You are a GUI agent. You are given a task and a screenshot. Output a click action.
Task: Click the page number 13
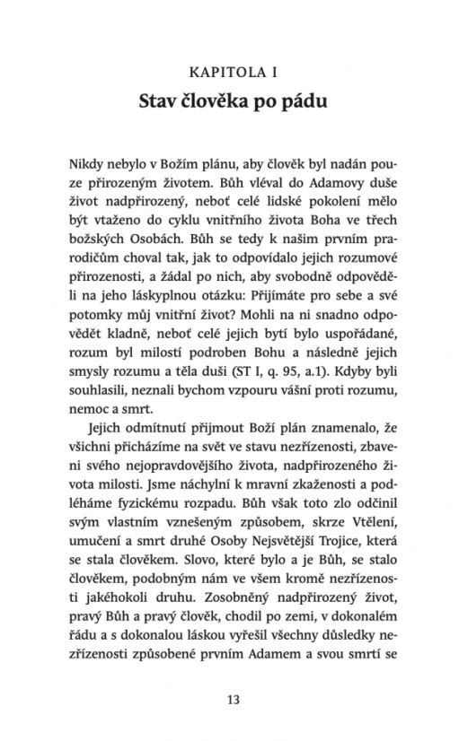(x=230, y=699)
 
